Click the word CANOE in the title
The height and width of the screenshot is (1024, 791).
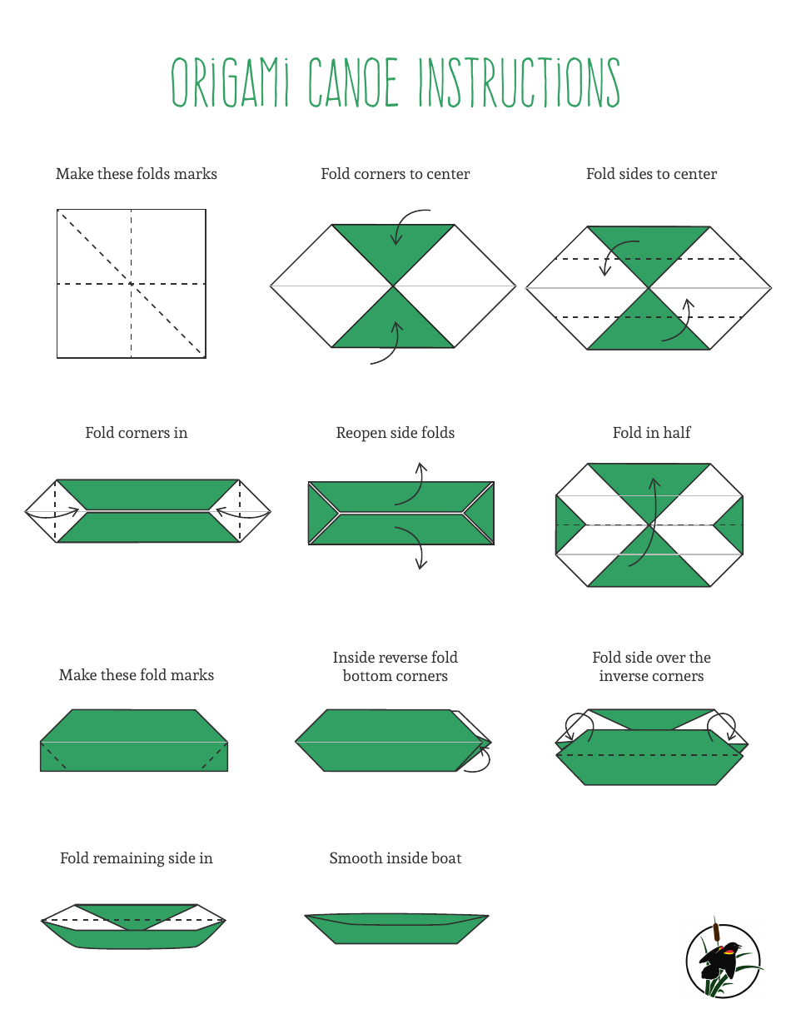pos(354,83)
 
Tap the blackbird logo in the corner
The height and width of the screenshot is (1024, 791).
pos(723,960)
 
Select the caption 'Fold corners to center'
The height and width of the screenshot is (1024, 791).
pos(395,174)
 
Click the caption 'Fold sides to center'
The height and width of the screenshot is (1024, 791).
pos(651,174)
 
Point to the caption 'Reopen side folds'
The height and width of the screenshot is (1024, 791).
pos(395,433)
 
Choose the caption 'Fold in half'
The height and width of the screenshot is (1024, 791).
pos(651,433)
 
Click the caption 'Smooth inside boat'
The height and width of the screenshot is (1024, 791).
pos(395,858)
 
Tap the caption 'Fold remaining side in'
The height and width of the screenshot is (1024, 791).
pos(137,858)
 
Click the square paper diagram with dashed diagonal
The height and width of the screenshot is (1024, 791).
pos(132,284)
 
